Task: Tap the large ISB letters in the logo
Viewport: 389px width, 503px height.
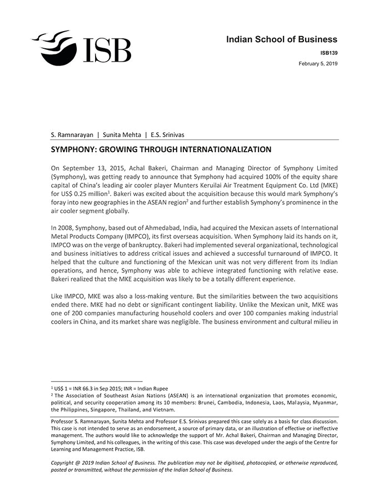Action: pos(107,50)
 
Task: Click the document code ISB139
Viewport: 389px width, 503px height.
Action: pos(329,53)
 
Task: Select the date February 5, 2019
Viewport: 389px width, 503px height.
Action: pos(318,64)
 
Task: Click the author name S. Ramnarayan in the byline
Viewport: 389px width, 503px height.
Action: pos(71,134)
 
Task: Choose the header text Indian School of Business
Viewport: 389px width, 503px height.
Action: pos(282,39)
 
